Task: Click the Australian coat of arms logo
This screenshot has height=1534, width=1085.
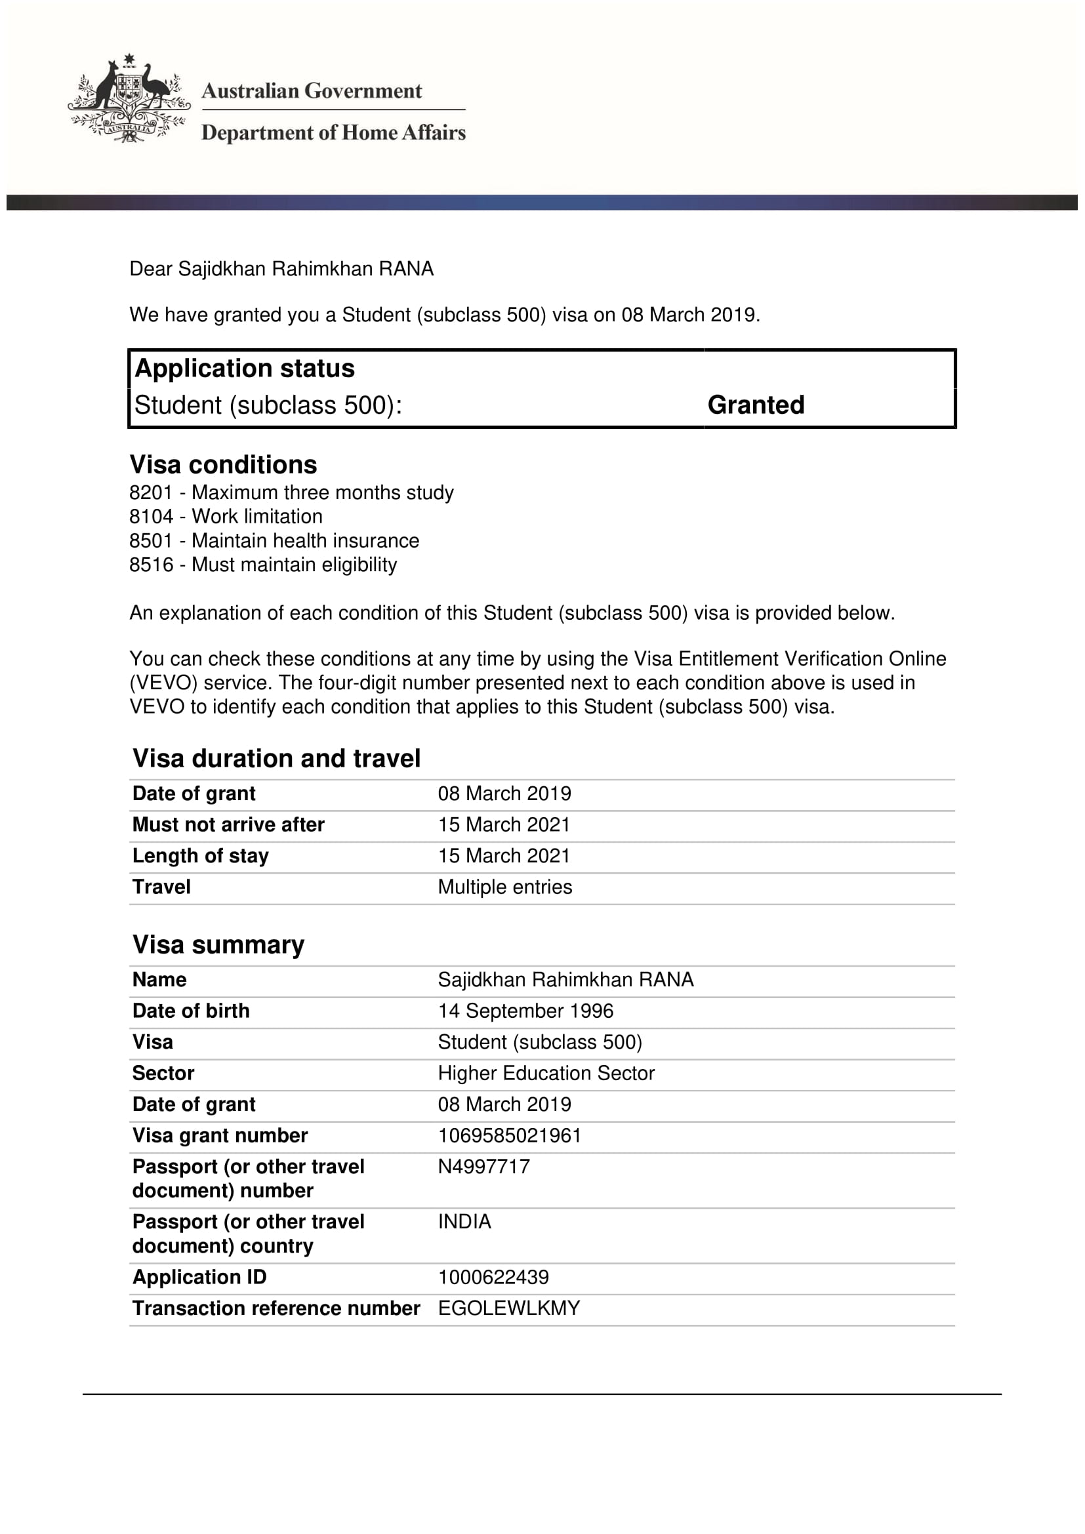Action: click(x=129, y=98)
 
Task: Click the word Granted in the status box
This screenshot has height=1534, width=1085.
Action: click(x=756, y=405)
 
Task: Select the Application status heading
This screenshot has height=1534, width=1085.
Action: click(x=245, y=368)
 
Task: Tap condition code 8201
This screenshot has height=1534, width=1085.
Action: click(x=151, y=493)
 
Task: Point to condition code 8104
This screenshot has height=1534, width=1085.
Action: click(x=151, y=516)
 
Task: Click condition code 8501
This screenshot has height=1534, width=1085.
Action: click(x=151, y=540)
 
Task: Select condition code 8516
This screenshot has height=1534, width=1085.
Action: click(x=151, y=565)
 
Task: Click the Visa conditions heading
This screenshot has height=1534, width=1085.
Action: click(x=223, y=464)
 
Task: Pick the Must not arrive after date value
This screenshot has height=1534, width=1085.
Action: click(x=504, y=824)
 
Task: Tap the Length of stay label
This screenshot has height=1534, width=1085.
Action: click(x=201, y=856)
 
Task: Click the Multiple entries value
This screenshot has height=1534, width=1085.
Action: click(x=505, y=887)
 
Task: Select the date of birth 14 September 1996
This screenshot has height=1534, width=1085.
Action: click(x=525, y=1011)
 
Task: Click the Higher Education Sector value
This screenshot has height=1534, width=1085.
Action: click(x=546, y=1073)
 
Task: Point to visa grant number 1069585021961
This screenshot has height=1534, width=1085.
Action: click(x=509, y=1135)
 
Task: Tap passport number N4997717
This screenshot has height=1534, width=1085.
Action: click(x=483, y=1167)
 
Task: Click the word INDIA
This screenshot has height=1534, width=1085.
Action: click(x=464, y=1221)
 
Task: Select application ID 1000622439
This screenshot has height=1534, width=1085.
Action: click(x=493, y=1277)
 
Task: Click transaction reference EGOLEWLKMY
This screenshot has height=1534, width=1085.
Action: click(x=509, y=1308)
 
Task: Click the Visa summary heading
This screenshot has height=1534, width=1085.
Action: click(x=218, y=944)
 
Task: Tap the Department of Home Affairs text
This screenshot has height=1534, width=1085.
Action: click(x=333, y=132)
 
